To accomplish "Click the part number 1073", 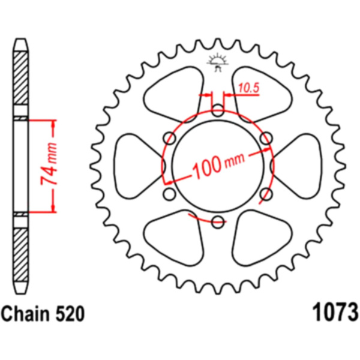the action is [335, 313].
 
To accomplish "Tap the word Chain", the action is [25, 314].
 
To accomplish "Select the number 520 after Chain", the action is [70, 314].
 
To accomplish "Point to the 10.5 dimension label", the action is [248, 88].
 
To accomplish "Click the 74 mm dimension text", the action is [49, 164].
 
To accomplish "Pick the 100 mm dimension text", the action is [218, 164].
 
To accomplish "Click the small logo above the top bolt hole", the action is [218, 62].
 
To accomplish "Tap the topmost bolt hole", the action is [218, 110].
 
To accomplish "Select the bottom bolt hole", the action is [218, 222].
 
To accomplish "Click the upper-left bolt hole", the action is [169, 138].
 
